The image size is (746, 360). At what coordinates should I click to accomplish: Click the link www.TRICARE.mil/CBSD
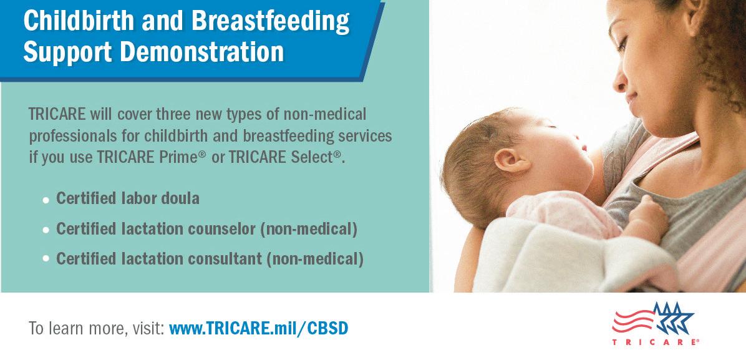click(258, 328)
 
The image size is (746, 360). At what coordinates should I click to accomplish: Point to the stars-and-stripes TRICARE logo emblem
click(653, 318)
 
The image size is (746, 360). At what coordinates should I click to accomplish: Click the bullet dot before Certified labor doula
click(46, 200)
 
